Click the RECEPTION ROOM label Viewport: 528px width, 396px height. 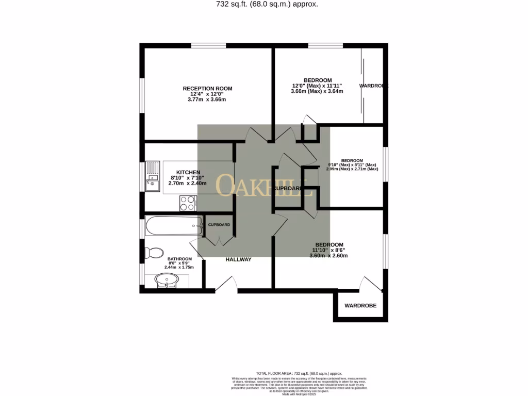click(x=207, y=89)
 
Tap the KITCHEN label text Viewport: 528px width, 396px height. click(x=188, y=172)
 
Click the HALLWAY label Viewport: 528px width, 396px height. click(x=238, y=259)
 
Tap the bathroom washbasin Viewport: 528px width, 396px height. click(x=167, y=281)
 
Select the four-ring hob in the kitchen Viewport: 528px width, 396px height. click(x=188, y=203)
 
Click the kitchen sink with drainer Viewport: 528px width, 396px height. click(x=152, y=176)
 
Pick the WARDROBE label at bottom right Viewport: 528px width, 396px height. click(x=360, y=306)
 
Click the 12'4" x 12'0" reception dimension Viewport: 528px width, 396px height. click(x=207, y=94)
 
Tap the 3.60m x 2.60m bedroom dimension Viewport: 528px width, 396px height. click(x=329, y=256)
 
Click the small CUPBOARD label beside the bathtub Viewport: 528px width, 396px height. click(x=219, y=225)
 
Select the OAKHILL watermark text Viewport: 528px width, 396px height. click(x=263, y=186)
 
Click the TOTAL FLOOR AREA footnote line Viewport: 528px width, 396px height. click(x=299, y=373)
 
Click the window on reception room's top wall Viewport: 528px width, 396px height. click(x=208, y=46)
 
